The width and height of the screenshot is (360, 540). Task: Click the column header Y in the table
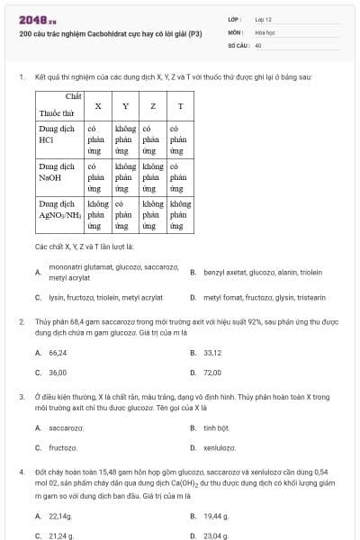point(125,107)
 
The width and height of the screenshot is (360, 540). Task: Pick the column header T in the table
point(181,107)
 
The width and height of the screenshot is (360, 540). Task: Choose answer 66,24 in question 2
point(58,353)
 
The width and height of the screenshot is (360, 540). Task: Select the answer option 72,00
point(212,372)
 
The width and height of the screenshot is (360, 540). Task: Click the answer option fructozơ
point(62,446)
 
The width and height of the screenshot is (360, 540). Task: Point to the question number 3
point(21,396)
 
